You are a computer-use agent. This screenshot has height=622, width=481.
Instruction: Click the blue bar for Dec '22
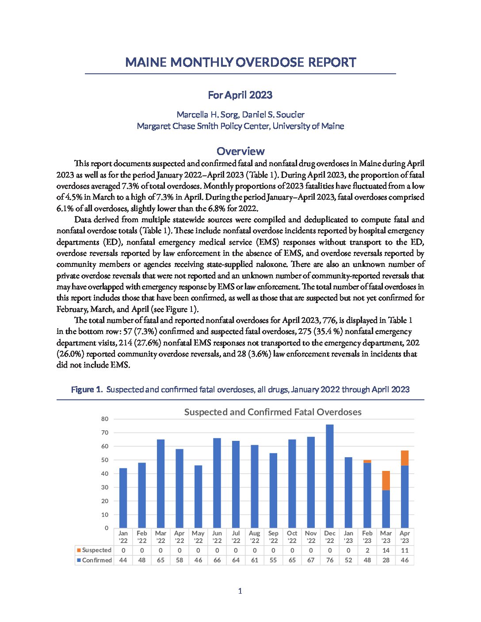tap(329, 476)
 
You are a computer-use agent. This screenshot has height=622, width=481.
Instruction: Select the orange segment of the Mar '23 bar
tap(386, 481)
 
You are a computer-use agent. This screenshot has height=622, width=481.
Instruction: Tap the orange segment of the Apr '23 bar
tap(405, 458)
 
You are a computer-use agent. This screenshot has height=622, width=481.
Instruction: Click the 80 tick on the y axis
tap(105, 419)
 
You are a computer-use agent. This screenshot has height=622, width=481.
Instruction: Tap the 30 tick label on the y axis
tap(105, 487)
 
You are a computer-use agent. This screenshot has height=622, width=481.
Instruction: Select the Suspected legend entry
tap(94, 550)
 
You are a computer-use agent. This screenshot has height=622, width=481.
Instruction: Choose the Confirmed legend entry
tap(94, 560)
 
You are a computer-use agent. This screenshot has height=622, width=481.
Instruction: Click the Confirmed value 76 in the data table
tap(329, 560)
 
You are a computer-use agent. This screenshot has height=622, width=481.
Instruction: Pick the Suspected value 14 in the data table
tap(386, 550)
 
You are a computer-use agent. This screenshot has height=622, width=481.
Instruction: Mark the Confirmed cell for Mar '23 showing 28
tap(386, 560)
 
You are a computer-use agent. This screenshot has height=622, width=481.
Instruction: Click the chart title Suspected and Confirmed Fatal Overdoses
tap(273, 412)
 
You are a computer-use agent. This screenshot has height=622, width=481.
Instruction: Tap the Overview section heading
tap(240, 152)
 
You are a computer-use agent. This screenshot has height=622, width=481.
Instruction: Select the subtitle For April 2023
tap(240, 95)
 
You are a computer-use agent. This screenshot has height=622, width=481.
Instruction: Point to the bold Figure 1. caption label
tap(87, 390)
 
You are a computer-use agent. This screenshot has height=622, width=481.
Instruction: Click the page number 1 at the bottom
tap(240, 591)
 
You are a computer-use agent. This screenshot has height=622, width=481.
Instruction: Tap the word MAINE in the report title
tap(146, 62)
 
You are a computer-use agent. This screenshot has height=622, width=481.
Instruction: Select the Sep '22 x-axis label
tap(273, 537)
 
